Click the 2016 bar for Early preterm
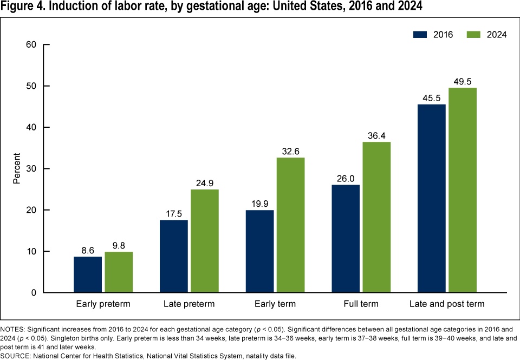88,274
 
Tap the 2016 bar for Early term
259,251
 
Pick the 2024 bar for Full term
376,217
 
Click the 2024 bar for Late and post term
462,190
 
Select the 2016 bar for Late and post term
431,198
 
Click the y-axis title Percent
17,169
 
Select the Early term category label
275,304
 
